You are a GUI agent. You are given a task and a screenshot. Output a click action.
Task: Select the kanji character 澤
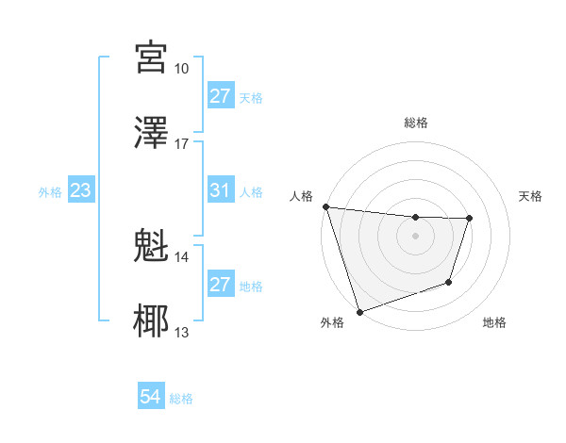[x=152, y=132]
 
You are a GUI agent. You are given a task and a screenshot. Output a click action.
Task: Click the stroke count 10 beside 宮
[x=181, y=69]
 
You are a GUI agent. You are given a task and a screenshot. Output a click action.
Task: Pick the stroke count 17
[x=181, y=144]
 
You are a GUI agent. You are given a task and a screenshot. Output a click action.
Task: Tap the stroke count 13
[x=181, y=333]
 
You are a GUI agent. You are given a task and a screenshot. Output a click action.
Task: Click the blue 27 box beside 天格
[x=221, y=96]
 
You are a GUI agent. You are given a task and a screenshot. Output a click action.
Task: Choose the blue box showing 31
[x=221, y=190]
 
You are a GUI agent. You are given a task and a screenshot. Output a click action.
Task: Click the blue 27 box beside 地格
[x=221, y=285]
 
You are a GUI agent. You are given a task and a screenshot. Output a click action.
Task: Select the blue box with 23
[x=81, y=190]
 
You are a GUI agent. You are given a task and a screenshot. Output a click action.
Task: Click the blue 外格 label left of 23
[x=50, y=191]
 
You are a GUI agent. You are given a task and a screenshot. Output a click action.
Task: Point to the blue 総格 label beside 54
[x=181, y=399]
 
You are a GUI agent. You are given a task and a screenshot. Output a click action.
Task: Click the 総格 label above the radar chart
[x=415, y=123]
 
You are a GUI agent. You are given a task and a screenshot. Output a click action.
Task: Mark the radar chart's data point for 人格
[x=325, y=206]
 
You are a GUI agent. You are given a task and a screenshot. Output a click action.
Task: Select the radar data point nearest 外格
[x=359, y=311]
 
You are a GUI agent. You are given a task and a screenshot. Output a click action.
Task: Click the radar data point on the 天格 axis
[x=469, y=219]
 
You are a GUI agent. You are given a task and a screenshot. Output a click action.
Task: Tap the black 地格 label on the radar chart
[x=494, y=323]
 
